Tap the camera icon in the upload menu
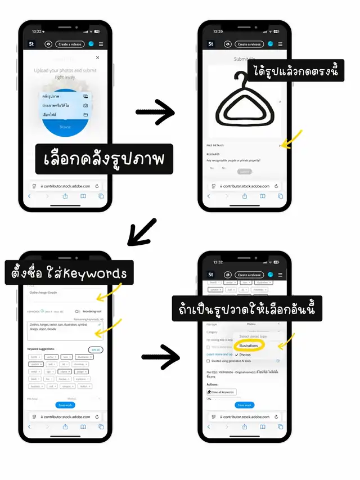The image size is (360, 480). coord(85,105)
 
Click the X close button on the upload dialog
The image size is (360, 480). coord(97,57)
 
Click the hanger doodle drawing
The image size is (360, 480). coord(242,102)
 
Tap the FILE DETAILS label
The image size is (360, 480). coord(214,145)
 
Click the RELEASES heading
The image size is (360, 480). coord(213,154)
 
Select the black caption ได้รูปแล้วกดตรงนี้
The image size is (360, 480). coord(295,73)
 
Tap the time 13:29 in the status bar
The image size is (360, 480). coord(218,32)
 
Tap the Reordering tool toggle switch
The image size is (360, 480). coord(78,311)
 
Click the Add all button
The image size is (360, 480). coord(96,349)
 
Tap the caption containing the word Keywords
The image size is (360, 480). coord(69,274)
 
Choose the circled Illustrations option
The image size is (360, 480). coord(249,346)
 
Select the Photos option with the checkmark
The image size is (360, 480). coord(245,355)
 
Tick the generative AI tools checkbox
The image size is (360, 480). coord(208,361)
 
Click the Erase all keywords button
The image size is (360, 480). coord(222,392)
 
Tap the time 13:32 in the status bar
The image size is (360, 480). coord(218,262)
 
